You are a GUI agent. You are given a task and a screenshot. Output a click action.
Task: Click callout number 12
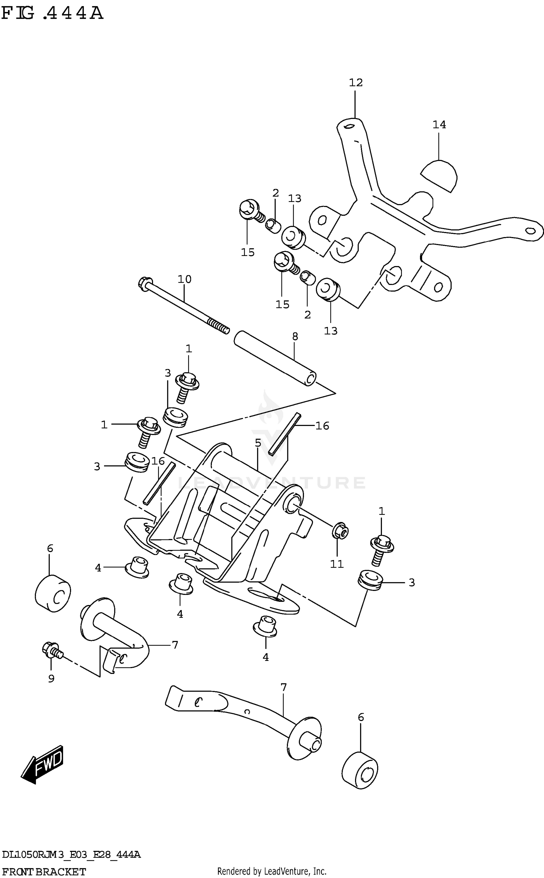(x=355, y=83)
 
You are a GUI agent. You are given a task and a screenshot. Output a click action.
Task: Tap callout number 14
(x=439, y=125)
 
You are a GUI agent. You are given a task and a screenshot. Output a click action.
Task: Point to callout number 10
(x=184, y=279)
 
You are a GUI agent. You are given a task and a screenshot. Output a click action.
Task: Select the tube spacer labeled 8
(x=275, y=358)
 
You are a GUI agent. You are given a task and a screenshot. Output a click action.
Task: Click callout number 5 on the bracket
(x=258, y=443)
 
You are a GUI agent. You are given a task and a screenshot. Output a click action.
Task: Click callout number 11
(x=337, y=564)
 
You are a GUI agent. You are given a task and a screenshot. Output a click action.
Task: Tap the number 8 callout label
(x=295, y=336)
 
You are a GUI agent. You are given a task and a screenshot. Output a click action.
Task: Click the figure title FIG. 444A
(x=53, y=14)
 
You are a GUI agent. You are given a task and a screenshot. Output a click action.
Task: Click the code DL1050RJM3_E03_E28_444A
(x=71, y=855)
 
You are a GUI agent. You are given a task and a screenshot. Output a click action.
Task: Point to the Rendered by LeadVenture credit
(x=272, y=871)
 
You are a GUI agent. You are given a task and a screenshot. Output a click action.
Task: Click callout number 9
(x=51, y=679)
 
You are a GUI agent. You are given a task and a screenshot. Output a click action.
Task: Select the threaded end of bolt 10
(x=219, y=325)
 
